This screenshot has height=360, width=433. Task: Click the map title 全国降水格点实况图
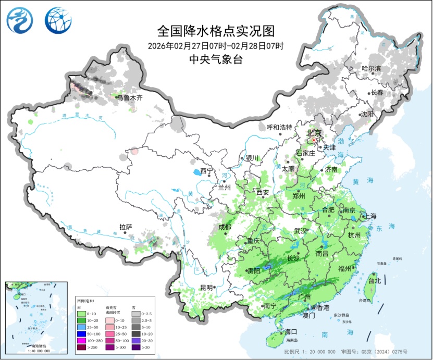click(215, 31)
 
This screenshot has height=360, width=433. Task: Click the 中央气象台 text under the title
click(215, 59)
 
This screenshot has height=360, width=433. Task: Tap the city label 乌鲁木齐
click(129, 97)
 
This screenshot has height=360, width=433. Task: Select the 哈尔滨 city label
click(372, 69)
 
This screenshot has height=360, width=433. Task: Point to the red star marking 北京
click(314, 140)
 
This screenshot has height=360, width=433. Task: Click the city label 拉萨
click(126, 227)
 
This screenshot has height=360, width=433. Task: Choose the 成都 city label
click(225, 227)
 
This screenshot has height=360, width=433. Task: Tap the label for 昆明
click(206, 287)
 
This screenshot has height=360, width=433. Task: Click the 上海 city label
click(371, 216)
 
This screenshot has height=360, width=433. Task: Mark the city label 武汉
click(301, 231)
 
